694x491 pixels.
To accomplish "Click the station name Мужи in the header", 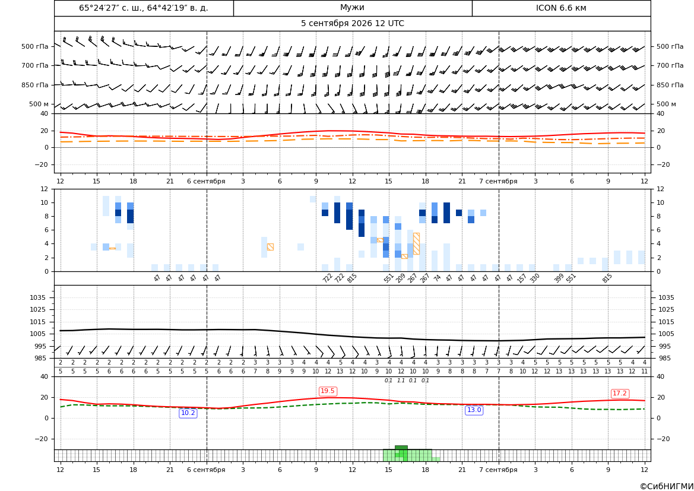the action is point(352,8).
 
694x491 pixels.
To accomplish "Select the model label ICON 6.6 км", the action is point(561,8).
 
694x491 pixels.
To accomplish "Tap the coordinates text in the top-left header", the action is point(144,8).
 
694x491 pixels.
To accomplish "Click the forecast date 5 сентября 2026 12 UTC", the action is point(352,24).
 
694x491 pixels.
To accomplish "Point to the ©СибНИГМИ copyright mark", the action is point(667,486).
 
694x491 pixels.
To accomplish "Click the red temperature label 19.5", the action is point(328,391).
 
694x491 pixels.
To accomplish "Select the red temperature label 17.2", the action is point(620,393).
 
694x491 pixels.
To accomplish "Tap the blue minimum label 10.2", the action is point(188,413).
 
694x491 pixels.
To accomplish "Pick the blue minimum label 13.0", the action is point(474,410).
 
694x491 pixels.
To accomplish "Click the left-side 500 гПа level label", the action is point(35,46).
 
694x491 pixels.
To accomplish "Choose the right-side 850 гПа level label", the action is point(670,84).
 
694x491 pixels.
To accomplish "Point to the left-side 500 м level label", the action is point(39,104).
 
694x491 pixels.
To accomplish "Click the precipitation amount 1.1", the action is point(401,381).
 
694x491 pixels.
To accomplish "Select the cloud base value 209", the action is point(401,278).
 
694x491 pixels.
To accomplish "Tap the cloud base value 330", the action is point(535,278).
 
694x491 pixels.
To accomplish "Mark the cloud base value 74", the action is point(438,278).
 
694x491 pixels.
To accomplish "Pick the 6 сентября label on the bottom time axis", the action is point(206,470).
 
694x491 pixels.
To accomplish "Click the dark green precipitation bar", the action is point(401,448).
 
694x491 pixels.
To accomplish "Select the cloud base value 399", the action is point(559,278).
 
